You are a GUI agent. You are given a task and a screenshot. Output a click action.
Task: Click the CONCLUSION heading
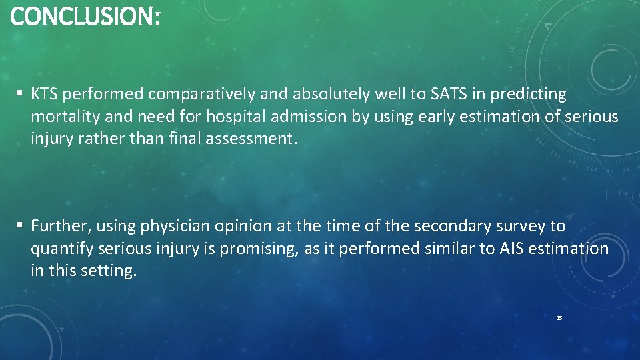pos(85,17)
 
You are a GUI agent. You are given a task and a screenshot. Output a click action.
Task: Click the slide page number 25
pos(559,319)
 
